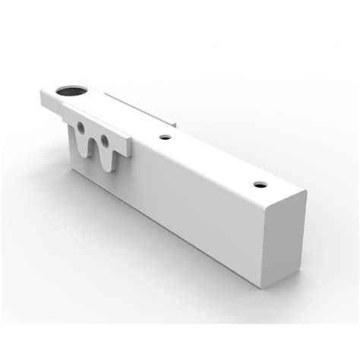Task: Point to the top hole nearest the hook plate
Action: [x=164, y=138]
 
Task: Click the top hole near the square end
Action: [x=259, y=184]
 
